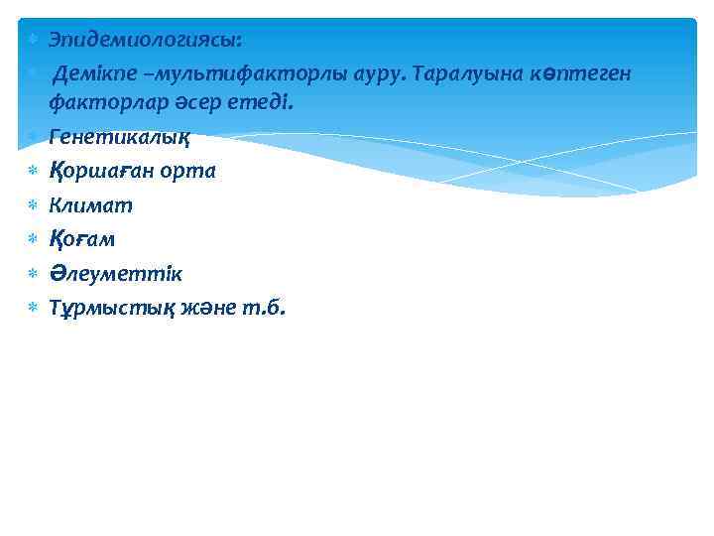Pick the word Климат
click(90, 205)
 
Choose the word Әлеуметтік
click(115, 274)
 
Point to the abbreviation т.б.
click(265, 308)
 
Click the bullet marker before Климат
click(31, 205)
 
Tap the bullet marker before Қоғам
click(31, 239)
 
